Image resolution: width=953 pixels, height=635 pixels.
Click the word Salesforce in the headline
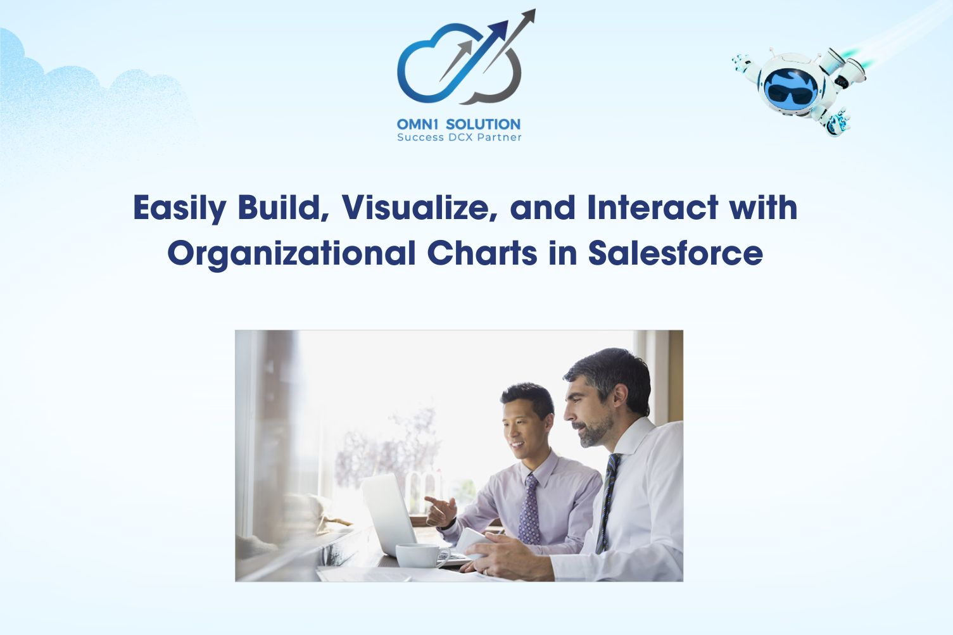[676, 253]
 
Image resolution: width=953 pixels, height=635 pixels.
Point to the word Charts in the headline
[482, 253]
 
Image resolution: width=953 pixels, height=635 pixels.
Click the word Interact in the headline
[653, 208]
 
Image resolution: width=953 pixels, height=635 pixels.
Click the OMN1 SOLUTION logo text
[458, 124]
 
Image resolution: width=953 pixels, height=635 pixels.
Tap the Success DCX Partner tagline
[459, 137]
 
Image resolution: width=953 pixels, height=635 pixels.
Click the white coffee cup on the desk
[422, 555]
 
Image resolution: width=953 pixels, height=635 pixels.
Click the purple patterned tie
[529, 510]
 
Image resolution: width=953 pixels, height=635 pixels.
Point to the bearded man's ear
[621, 397]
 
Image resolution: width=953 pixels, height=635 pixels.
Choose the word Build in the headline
[284, 208]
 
